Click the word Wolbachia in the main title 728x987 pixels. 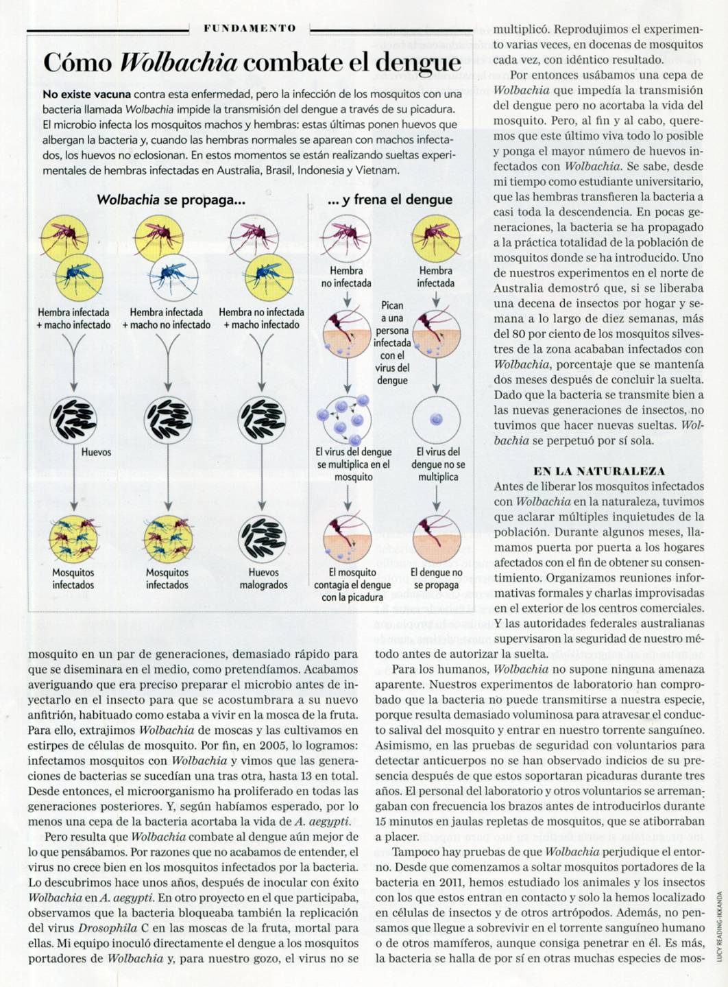click(x=178, y=62)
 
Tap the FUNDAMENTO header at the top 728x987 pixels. click(x=250, y=28)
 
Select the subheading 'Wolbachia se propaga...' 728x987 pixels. click(x=171, y=200)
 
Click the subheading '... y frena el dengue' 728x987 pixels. click(x=390, y=200)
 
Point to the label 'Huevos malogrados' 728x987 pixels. click(x=263, y=578)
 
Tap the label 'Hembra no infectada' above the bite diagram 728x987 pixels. click(x=346, y=277)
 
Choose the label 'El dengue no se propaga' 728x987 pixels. click(x=437, y=578)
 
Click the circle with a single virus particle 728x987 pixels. click(x=436, y=419)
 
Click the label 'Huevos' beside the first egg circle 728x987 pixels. click(x=96, y=452)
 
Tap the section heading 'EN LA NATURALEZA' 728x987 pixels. click(x=599, y=471)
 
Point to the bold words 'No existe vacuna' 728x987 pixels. click(x=86, y=95)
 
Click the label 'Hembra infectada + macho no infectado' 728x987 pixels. click(x=167, y=318)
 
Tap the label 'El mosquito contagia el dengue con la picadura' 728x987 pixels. click(x=352, y=584)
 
